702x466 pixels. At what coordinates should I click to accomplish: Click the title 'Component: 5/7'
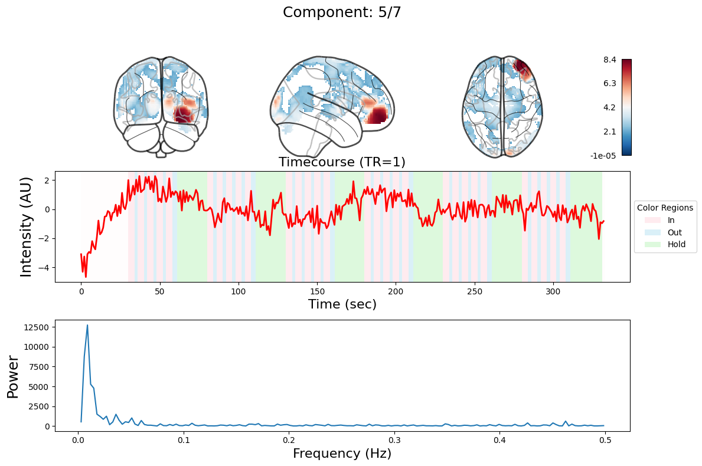point(342,12)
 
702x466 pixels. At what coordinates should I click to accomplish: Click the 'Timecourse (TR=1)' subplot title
point(342,162)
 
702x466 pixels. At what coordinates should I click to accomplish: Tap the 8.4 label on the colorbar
point(610,60)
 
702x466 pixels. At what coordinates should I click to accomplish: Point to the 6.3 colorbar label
point(610,84)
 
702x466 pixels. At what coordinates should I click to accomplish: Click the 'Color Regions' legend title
point(665,208)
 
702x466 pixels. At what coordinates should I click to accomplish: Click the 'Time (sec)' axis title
point(342,304)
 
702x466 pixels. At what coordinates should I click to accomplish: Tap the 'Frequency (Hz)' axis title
point(342,454)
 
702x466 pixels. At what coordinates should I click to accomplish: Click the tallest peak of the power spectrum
point(87,325)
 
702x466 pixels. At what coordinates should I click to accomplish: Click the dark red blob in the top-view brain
point(521,66)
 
